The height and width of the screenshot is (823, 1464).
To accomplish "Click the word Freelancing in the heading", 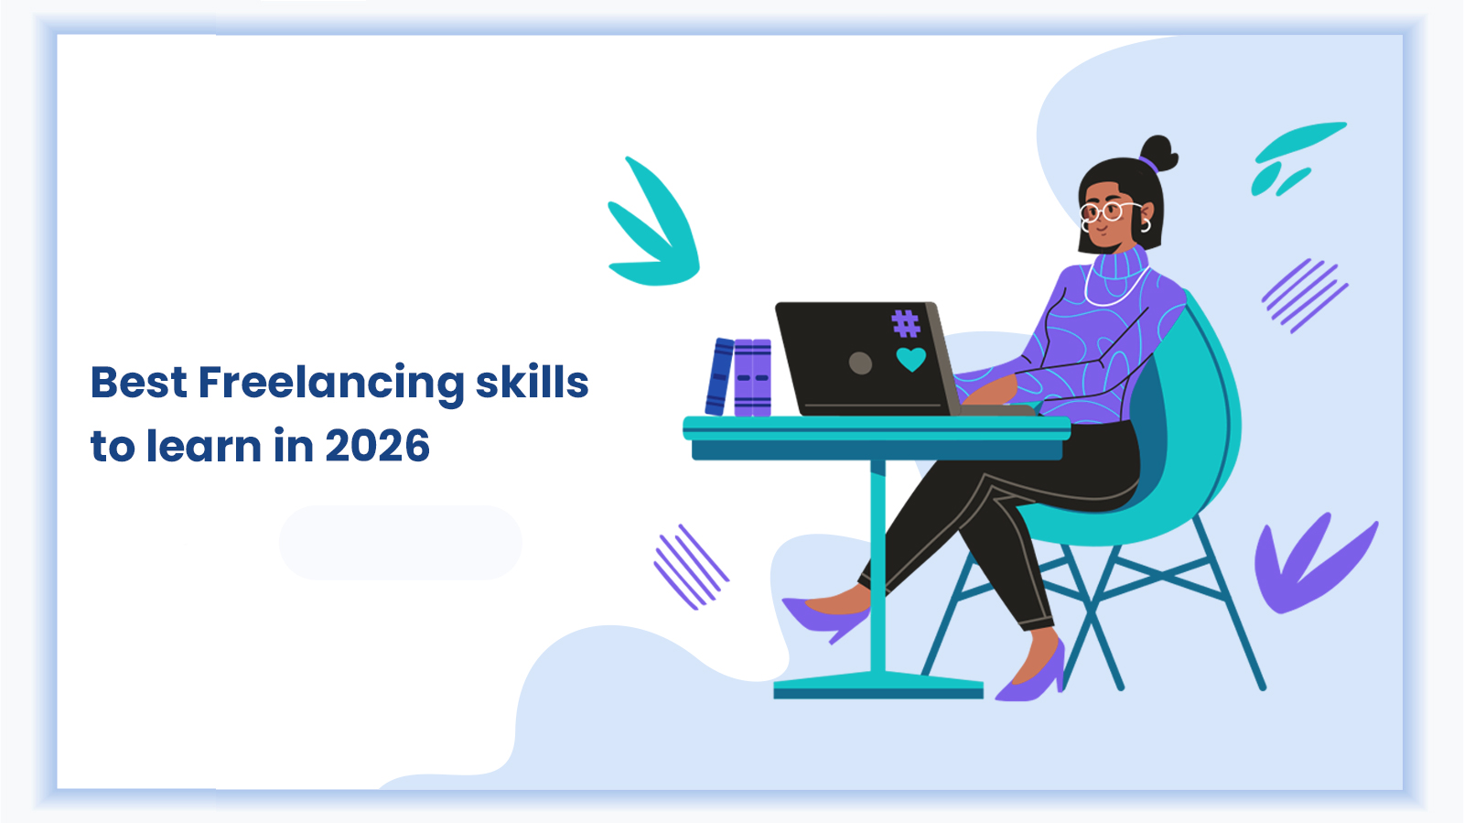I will (x=331, y=384).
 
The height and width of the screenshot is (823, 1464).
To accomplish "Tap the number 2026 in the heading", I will (x=377, y=447).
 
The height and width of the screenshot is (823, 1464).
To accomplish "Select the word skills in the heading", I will (x=532, y=382).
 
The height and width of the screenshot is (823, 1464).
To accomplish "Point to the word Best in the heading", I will (x=139, y=382).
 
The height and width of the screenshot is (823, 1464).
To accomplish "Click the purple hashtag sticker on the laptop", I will (x=905, y=323).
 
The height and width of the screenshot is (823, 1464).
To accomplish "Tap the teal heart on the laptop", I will (x=910, y=359).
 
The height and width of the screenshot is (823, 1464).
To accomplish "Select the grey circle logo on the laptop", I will (x=860, y=363).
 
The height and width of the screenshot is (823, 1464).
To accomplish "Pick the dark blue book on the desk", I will (x=719, y=376).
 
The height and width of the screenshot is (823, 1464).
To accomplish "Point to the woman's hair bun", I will (x=1158, y=151).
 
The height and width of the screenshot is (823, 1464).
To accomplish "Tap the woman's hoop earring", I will (x=1145, y=224).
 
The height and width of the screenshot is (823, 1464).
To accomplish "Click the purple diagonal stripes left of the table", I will (x=691, y=567).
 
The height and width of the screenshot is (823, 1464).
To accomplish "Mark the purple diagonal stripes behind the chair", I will (x=1304, y=295).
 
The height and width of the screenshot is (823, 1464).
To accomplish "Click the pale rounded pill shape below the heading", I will (x=400, y=542).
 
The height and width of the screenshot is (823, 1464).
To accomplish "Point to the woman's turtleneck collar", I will (x=1121, y=265).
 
